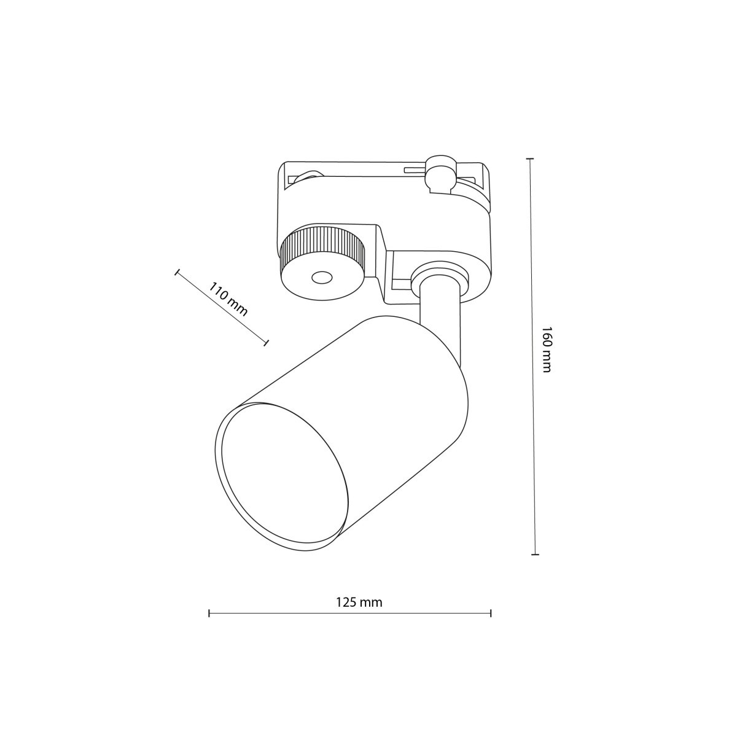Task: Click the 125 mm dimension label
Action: [359, 602]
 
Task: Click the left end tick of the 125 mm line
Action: [209, 613]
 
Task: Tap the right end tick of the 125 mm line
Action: [491, 613]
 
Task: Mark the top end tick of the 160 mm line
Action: [529, 158]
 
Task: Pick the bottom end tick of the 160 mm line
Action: [535, 555]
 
